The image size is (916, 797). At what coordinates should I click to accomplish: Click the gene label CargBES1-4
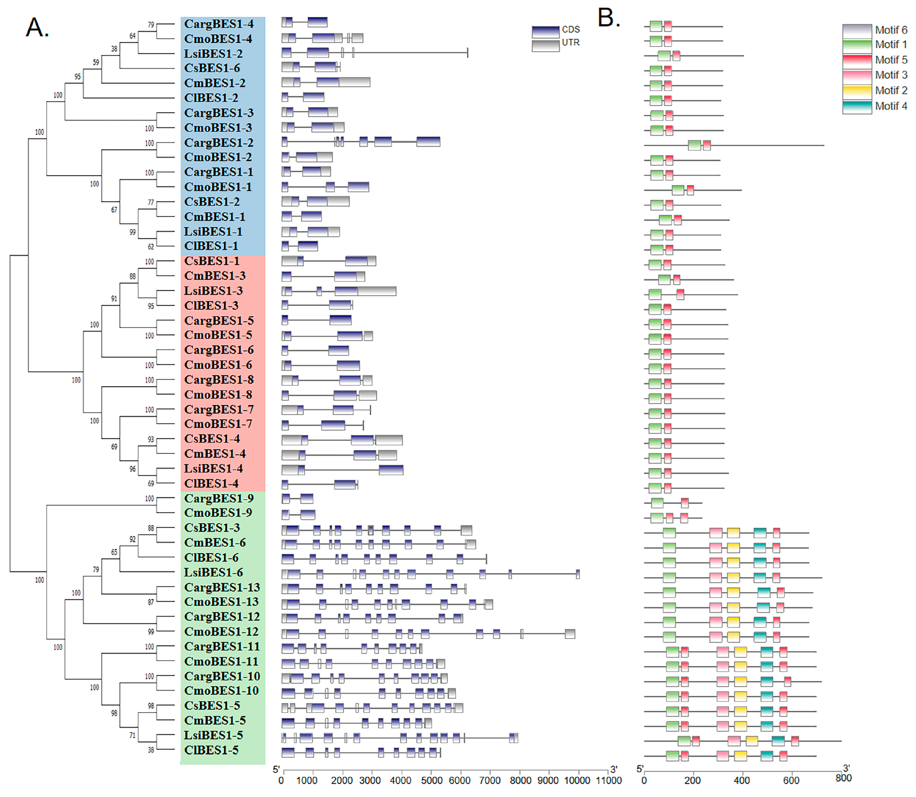219,24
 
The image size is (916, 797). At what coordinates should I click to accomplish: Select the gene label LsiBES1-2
213,54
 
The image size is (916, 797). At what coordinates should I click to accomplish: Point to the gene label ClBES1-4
211,484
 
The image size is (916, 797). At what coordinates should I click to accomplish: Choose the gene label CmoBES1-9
218,513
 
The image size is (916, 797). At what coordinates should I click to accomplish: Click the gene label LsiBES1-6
213,572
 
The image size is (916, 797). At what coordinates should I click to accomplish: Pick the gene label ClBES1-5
211,750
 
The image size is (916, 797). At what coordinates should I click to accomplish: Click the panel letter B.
608,19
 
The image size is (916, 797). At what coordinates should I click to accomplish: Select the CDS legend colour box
545,32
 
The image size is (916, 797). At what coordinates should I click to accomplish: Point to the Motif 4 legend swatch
856,107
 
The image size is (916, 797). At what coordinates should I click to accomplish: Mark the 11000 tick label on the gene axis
608,781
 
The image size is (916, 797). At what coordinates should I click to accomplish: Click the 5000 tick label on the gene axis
431,781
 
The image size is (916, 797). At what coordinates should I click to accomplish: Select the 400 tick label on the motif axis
741,781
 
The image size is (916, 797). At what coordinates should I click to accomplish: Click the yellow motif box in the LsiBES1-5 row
751,741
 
